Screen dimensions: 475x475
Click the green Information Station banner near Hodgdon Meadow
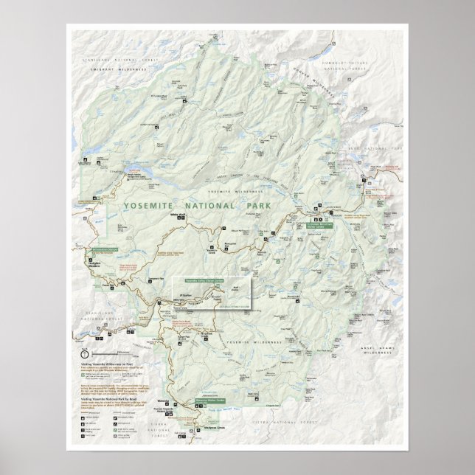pyautogui.click(x=105, y=251)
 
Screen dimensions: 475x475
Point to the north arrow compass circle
pyautogui.click(x=84, y=354)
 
